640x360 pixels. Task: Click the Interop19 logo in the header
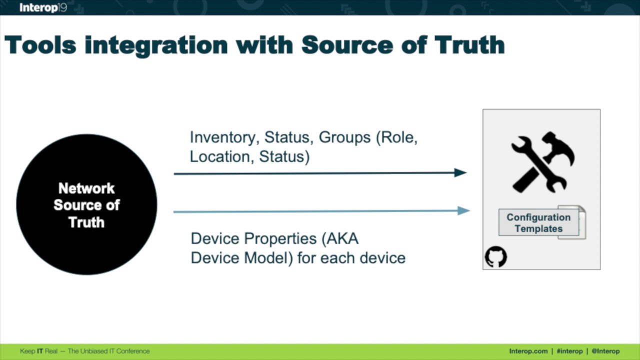point(43,7)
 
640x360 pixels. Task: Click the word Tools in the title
point(40,45)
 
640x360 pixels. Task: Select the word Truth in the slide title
point(469,45)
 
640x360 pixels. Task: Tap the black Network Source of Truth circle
point(86,204)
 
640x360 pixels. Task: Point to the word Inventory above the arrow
point(224,137)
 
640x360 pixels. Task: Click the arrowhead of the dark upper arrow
point(460,172)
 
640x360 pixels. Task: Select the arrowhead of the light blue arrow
point(463,210)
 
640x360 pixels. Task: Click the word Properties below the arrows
point(280,238)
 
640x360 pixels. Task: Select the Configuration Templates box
point(538,222)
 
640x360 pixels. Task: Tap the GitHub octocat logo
point(496,256)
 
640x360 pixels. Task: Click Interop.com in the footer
point(528,351)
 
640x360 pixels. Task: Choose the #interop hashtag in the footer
point(569,351)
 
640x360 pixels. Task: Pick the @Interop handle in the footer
point(605,351)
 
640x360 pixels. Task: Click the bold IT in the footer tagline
point(40,351)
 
